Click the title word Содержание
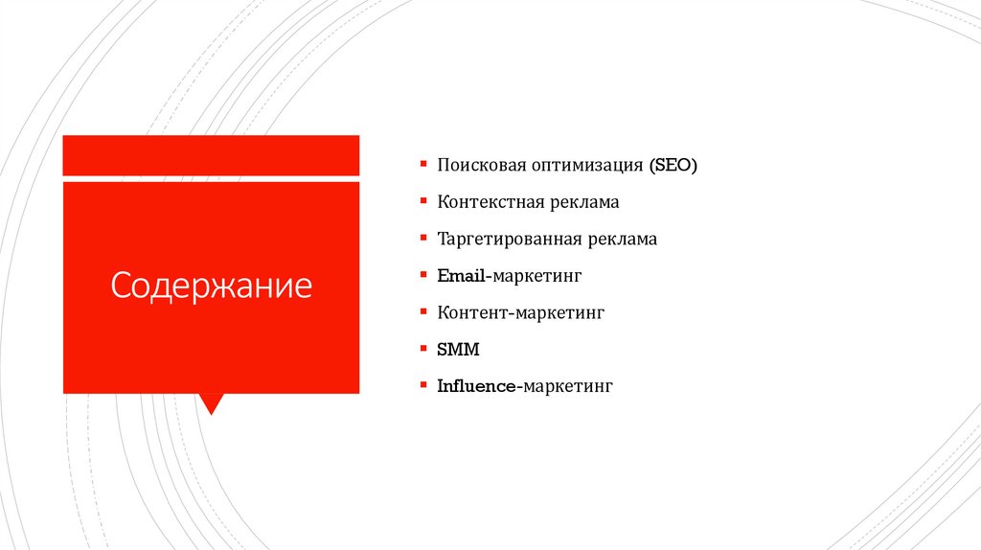211,286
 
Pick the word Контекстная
491,202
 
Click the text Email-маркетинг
510,276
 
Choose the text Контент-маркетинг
521,312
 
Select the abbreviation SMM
458,350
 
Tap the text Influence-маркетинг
524,387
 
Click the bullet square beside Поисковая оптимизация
422,165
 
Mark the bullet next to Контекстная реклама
422,201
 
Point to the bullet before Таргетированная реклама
422,239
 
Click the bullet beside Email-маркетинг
422,275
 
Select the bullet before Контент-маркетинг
422,311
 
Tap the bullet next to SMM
422,349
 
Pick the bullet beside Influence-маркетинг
422,385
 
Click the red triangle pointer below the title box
211,402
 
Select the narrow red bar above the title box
211,155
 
